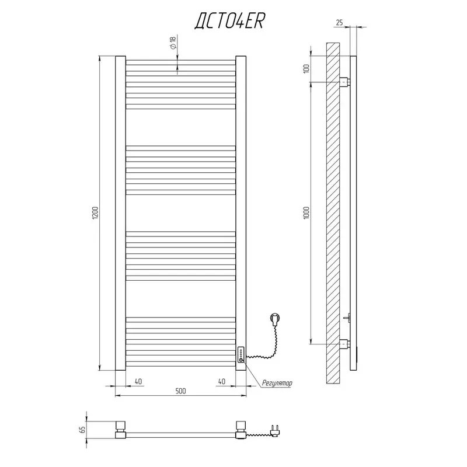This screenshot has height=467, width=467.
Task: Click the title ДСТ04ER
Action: click(229, 21)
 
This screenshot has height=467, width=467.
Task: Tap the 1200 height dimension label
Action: click(95, 212)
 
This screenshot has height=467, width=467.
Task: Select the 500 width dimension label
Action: click(180, 391)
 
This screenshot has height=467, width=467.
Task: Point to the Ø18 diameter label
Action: click(173, 42)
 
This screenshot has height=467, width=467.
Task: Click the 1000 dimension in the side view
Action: click(307, 212)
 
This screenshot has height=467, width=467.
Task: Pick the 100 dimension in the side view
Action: click(307, 69)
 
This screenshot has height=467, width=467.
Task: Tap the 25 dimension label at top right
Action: click(339, 22)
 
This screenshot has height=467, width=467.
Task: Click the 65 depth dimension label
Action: click(82, 430)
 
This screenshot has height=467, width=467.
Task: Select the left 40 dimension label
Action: click(138, 381)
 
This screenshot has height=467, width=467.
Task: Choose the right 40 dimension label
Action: click(222, 381)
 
